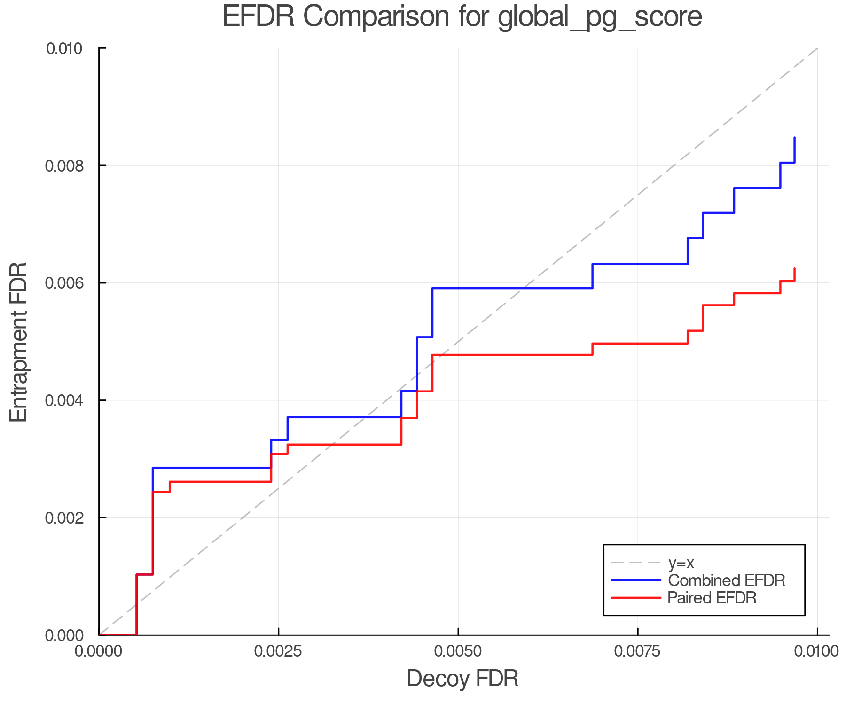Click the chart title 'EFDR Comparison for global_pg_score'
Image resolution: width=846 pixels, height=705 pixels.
[462, 17]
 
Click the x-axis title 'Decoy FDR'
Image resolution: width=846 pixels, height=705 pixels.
[462, 679]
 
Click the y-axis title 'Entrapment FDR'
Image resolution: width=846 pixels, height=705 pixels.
[19, 342]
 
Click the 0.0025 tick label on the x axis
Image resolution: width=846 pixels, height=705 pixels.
[279, 651]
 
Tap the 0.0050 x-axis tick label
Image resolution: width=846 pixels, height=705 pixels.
[458, 651]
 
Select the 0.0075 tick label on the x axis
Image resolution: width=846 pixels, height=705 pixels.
[638, 651]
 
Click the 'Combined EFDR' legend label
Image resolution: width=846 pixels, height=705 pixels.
[727, 580]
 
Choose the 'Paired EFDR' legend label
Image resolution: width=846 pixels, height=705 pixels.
[712, 598]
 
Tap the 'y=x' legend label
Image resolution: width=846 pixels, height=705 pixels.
[681, 563]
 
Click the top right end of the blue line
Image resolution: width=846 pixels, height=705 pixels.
[794, 138]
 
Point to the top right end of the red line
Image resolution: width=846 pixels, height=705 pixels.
[794, 269]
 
